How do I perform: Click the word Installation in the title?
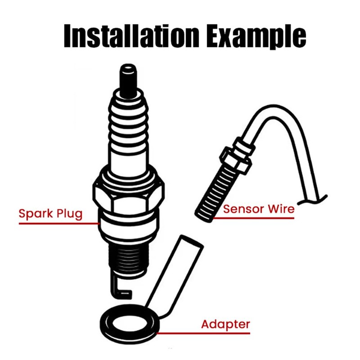(131, 36)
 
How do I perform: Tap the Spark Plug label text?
(50, 214)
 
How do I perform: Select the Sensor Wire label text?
(259, 209)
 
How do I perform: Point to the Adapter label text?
(225, 324)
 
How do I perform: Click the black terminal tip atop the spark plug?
(128, 81)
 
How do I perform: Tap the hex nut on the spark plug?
(129, 198)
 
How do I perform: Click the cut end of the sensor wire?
(313, 200)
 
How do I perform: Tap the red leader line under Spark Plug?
(59, 223)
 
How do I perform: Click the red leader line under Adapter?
(203, 333)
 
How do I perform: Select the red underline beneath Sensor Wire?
(253, 218)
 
